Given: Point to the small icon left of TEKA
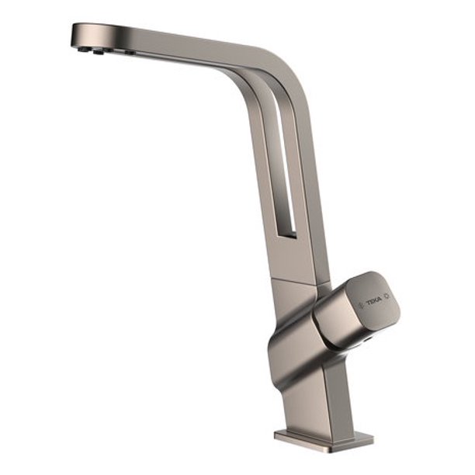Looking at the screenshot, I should [361, 302].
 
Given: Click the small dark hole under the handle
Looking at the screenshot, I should [364, 338].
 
